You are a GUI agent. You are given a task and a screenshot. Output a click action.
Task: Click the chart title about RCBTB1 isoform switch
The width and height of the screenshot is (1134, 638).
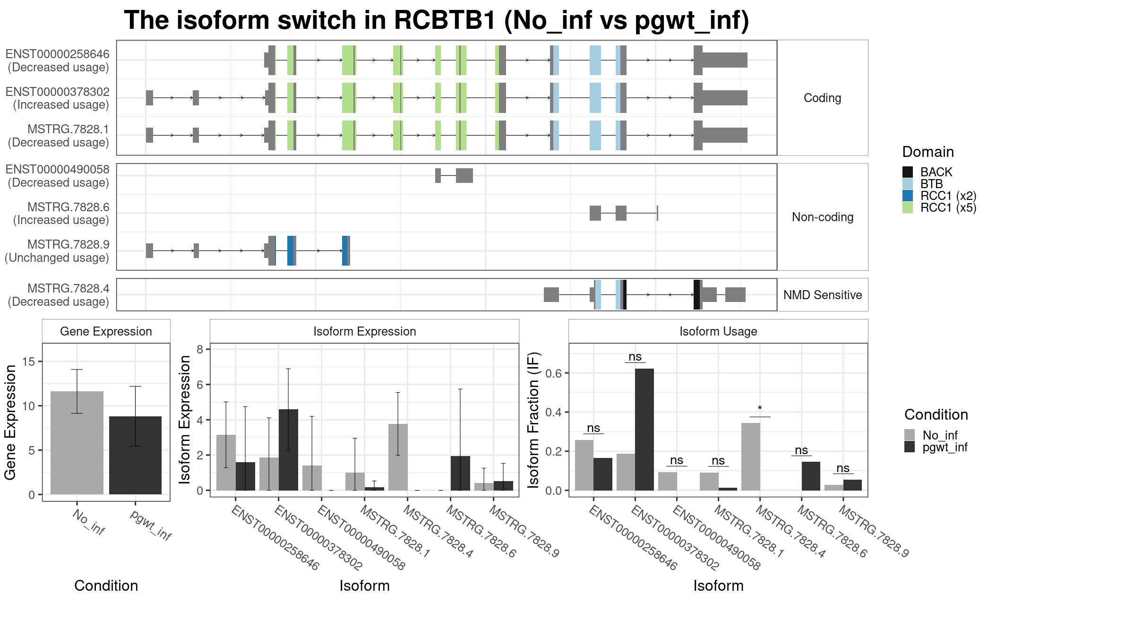pos(437,21)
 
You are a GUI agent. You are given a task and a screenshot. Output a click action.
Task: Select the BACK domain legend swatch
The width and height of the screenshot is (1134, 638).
pos(907,172)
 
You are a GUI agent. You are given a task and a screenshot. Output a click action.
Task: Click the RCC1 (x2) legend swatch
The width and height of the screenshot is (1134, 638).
pos(907,196)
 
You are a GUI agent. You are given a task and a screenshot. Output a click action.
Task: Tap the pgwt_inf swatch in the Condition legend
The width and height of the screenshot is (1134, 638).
pos(910,447)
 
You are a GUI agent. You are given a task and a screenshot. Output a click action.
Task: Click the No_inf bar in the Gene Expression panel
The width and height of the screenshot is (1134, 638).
pos(77,443)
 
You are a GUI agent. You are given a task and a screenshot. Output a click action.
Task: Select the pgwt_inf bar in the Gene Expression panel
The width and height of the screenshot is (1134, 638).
pos(135,455)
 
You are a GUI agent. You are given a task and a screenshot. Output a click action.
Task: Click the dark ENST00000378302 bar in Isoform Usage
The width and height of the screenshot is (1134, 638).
pos(644,430)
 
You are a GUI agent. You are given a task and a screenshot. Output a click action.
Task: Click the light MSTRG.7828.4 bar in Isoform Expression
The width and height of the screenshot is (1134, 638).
pos(398,457)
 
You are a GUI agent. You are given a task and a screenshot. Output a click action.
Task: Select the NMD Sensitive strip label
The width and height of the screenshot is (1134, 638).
pos(823,295)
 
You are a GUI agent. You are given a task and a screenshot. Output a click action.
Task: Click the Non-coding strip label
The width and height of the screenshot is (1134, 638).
pos(823,217)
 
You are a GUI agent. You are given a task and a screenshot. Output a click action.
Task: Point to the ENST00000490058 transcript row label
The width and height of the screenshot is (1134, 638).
pos(58,176)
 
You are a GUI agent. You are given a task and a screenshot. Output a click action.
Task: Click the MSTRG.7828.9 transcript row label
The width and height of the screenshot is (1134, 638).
pos(58,251)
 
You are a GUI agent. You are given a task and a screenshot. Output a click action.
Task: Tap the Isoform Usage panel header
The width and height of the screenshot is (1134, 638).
pos(718,331)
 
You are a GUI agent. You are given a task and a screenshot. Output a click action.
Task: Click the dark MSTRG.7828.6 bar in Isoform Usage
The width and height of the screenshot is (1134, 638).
pos(811,476)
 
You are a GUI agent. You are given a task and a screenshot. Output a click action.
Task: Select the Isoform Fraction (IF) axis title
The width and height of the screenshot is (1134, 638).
pos(533,420)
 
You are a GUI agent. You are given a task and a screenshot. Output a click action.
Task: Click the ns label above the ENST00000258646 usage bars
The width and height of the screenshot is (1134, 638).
pos(593,428)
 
